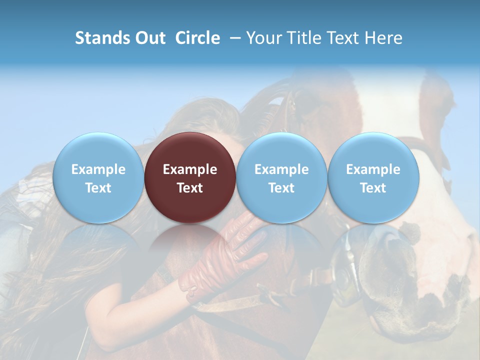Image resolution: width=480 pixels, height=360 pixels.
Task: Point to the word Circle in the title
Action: coord(197,38)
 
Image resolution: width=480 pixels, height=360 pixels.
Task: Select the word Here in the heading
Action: coord(384,38)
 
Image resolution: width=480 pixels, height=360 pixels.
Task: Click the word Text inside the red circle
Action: coord(190,188)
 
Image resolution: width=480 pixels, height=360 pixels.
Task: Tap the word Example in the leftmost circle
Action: coord(98,169)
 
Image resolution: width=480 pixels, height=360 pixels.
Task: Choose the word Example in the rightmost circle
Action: coord(373,169)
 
